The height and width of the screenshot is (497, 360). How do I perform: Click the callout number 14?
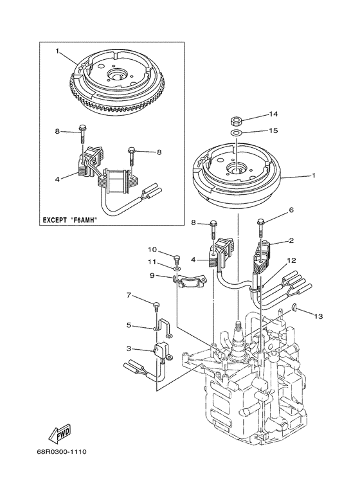click(273, 114)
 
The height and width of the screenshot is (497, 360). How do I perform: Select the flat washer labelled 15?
click(237, 133)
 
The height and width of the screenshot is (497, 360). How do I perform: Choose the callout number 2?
click(291, 242)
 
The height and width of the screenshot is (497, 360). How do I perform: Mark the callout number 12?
click(291, 260)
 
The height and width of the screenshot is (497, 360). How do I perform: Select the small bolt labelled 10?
click(175, 258)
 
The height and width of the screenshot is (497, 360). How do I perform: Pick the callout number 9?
click(152, 275)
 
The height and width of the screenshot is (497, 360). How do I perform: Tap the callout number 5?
click(129, 325)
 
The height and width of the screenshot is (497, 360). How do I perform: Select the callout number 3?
click(129, 349)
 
